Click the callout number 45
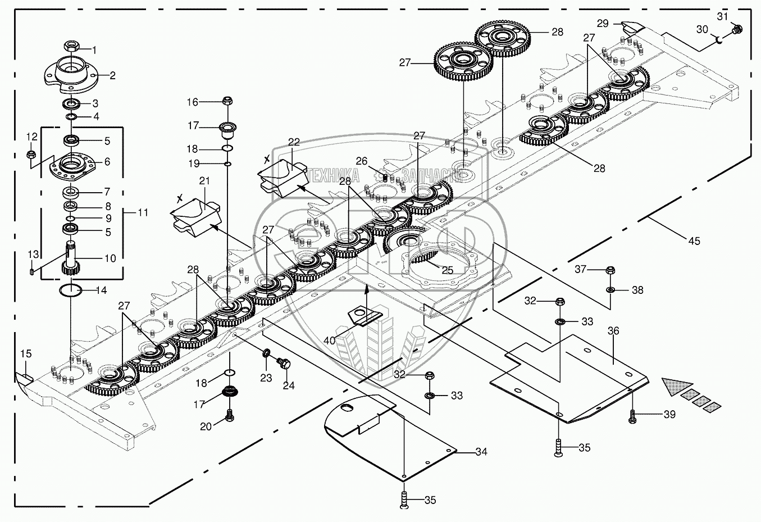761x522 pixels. (x=694, y=241)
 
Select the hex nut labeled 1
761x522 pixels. (x=71, y=46)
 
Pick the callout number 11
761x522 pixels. (x=143, y=212)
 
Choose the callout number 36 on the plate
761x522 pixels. (x=613, y=331)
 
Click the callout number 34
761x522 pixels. (x=481, y=452)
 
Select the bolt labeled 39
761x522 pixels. (x=634, y=416)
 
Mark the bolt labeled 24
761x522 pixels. (x=285, y=364)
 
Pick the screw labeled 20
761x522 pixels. (x=229, y=416)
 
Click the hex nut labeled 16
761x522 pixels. (x=227, y=101)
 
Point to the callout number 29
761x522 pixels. (x=602, y=24)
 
